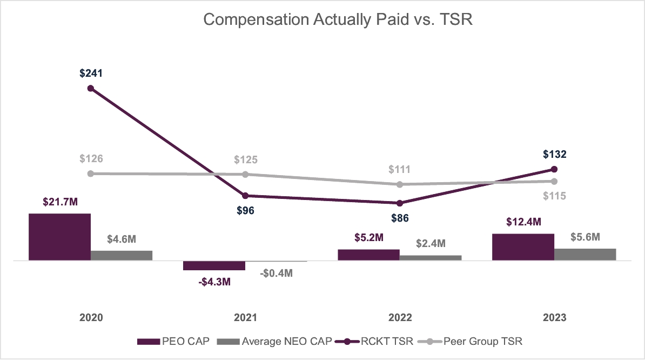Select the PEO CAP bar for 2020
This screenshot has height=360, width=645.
pos(59,237)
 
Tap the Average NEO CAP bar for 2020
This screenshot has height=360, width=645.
pos(122,255)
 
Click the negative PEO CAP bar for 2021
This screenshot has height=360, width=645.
pos(214,265)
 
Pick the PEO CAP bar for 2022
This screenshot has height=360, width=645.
pos(368,255)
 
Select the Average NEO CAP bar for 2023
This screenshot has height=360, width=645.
pos(585,254)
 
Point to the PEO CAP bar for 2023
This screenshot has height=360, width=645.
pos(523,247)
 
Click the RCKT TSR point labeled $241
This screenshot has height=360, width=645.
pos(91,88)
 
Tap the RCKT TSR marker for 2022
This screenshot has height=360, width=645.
pos(400,203)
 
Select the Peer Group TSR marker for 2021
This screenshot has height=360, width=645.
pos(245,174)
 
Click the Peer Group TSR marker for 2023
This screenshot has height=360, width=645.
pos(554,181)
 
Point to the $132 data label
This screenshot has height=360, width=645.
pos(554,155)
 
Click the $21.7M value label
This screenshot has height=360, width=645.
pos(60,202)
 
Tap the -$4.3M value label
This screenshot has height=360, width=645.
pos(214,282)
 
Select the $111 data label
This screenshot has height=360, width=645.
pos(400,169)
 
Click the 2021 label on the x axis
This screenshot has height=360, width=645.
pos(245,318)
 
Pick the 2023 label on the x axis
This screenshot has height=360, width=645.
pos(554,318)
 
